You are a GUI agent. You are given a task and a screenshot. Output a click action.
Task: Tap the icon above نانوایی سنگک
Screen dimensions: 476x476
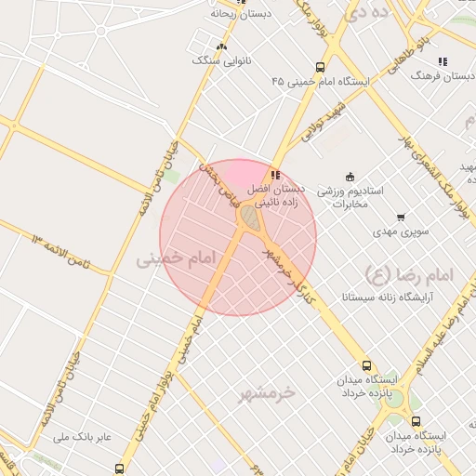pos(221,46)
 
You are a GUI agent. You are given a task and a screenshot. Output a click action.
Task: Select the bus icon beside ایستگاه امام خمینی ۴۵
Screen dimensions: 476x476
pos(320,67)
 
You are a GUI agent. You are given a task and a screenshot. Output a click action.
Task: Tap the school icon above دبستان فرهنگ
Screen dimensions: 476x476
pos(443,61)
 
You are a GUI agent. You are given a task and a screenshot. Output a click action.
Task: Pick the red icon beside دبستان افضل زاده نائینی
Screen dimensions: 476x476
pos(274,174)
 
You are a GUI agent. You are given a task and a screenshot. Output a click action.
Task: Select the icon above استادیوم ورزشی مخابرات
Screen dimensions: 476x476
pos(350,177)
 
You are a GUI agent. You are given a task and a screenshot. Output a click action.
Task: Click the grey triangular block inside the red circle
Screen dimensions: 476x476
pos(250,217)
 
